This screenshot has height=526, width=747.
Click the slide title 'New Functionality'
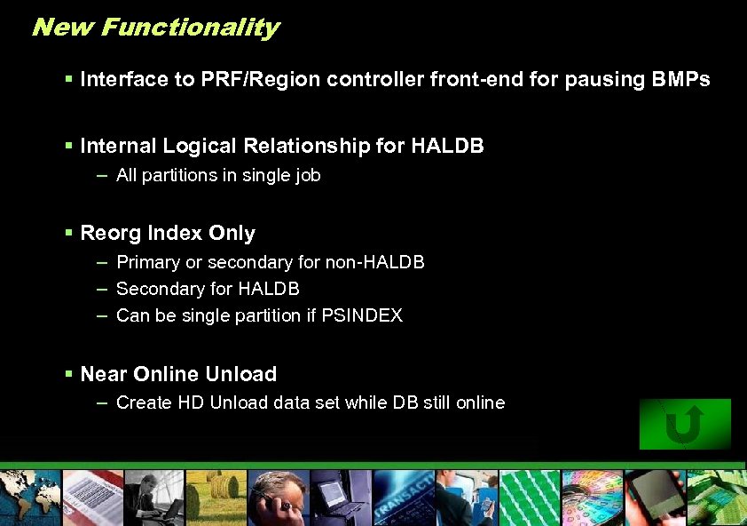point(155,28)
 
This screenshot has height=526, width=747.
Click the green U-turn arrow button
point(684,424)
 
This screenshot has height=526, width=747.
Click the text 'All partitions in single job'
point(218,175)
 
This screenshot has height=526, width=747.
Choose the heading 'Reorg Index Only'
point(168,233)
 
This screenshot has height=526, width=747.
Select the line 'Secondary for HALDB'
point(208,289)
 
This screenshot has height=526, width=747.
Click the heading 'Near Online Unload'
point(178,374)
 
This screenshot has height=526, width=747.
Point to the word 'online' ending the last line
point(480,402)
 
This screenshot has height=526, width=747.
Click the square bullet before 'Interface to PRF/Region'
point(69,79)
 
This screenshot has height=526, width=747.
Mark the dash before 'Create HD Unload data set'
point(102,402)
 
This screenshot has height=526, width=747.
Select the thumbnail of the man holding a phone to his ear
point(277,498)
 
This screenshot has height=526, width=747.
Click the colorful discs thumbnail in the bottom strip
point(590,498)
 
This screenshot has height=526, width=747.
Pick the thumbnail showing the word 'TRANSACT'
point(404,498)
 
